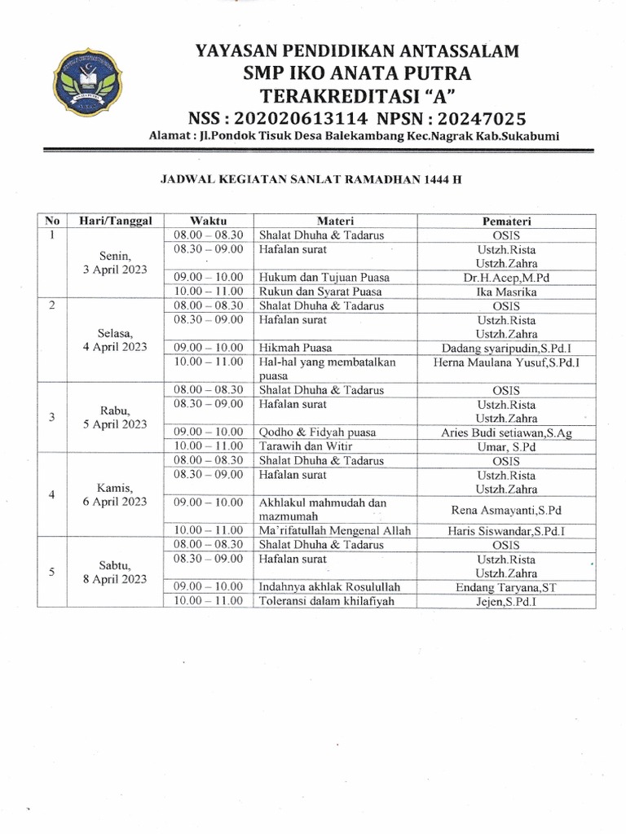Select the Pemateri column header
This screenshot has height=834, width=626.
(x=506, y=221)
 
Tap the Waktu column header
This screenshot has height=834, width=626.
(x=208, y=221)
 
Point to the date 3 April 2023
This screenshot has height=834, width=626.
(x=115, y=270)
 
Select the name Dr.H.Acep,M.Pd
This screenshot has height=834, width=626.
(x=506, y=277)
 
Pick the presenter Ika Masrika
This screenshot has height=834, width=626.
(x=506, y=292)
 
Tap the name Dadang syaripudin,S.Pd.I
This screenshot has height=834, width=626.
(x=506, y=348)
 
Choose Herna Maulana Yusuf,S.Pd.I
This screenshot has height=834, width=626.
(x=506, y=362)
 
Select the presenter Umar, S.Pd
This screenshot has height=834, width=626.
(x=506, y=447)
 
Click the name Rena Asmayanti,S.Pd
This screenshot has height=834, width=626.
(x=506, y=511)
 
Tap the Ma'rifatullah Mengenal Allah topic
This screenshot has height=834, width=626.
(x=334, y=531)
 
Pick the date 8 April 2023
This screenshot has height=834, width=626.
(x=115, y=579)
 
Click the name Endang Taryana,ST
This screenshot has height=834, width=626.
(x=506, y=587)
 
